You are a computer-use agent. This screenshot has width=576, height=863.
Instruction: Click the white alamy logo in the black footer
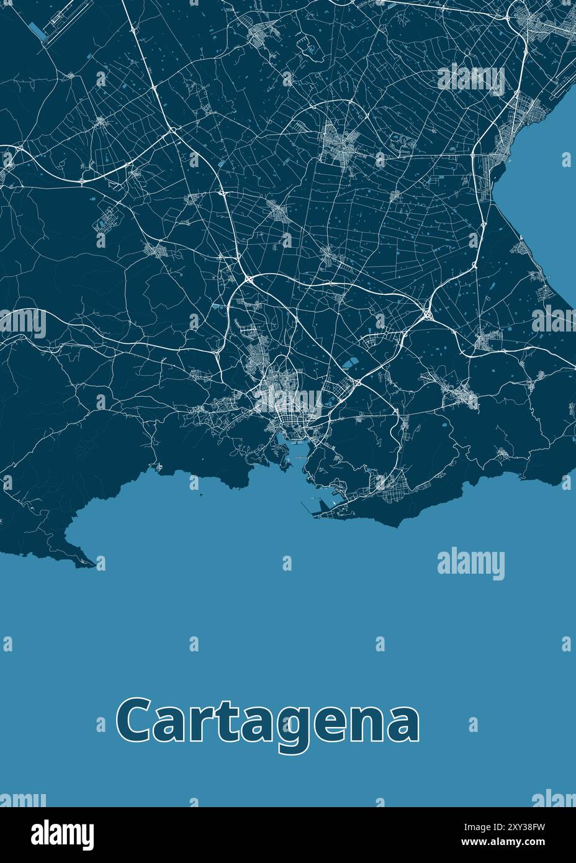pos(63,834)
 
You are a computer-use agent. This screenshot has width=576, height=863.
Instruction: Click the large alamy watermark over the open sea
pos(470,564)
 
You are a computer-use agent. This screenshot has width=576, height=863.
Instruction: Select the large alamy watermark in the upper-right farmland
pos(470,79)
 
